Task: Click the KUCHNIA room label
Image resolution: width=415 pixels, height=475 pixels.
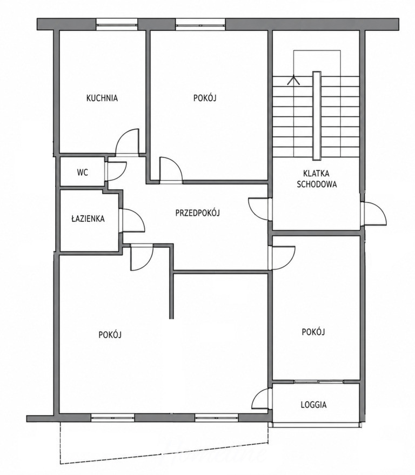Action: coord(102,98)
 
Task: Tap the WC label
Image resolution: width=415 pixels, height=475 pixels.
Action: coord(83,173)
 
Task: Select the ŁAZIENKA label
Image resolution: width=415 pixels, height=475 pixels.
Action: coord(88,219)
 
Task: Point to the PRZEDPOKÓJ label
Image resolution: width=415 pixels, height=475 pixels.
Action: coord(198,213)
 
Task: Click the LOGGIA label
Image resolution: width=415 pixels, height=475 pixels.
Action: coord(313,405)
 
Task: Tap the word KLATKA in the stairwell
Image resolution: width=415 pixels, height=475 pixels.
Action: coord(316,174)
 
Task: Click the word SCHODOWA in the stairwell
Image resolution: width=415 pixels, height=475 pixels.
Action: coord(317,184)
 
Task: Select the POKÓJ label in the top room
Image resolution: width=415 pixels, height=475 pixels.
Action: coord(205,98)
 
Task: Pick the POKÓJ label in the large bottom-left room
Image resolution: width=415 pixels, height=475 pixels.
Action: coord(110,334)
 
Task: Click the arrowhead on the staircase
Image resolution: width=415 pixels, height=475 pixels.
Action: coord(293,80)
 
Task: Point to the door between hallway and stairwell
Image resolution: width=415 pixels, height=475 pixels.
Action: coord(259,209)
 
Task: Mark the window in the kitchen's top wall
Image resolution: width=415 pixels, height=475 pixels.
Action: coord(117,24)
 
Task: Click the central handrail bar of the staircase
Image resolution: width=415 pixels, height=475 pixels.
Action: coord(317,115)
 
